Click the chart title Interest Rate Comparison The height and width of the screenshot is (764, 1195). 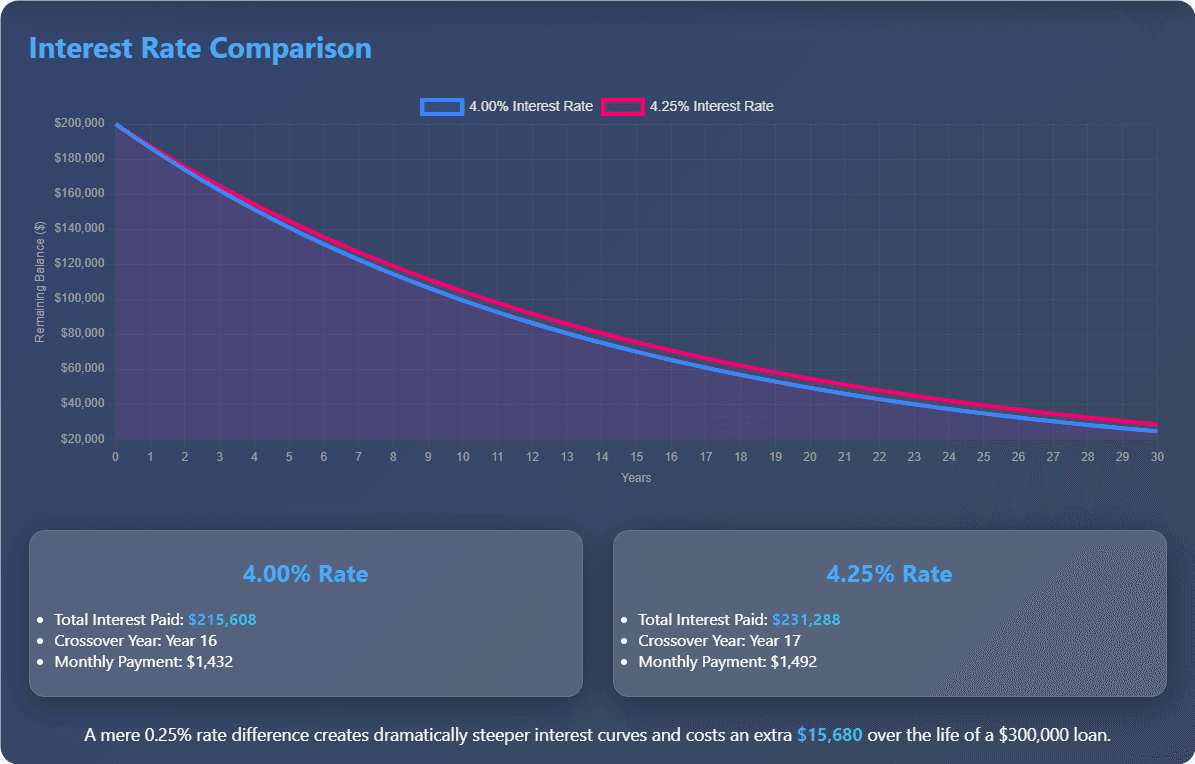(200, 48)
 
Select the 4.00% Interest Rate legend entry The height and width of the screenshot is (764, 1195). (509, 106)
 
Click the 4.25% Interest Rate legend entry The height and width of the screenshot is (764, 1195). (689, 106)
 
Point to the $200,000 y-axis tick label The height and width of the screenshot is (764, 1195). (80, 124)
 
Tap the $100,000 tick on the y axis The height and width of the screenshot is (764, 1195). (80, 299)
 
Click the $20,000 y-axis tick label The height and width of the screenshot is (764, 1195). (83, 439)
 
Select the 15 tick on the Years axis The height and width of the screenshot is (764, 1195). (637, 456)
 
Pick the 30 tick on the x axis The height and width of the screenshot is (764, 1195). (1157, 456)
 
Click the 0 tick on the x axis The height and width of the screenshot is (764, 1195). (116, 456)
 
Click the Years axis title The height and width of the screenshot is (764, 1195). (636, 478)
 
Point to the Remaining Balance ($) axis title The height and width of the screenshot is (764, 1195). (40, 282)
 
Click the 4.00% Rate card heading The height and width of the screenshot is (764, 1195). (305, 574)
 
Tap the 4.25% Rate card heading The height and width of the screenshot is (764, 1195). (889, 574)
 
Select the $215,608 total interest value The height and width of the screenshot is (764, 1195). (222, 620)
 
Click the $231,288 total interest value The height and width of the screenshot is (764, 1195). (806, 620)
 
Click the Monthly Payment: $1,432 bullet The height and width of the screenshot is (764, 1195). (144, 662)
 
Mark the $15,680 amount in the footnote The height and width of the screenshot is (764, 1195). (829, 735)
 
